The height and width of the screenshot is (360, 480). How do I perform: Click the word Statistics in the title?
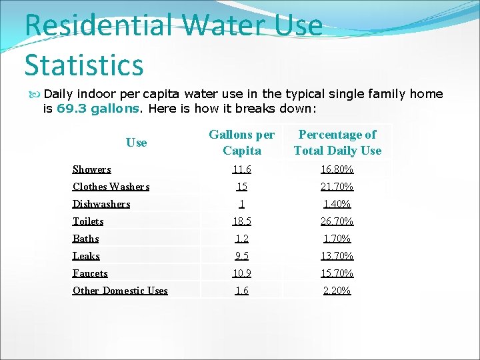(84, 65)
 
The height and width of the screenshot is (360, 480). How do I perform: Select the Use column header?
(136, 142)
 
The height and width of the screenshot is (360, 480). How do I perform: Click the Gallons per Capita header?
(241, 143)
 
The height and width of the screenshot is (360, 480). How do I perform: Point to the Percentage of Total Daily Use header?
(337, 143)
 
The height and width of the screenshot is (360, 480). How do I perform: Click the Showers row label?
(92, 169)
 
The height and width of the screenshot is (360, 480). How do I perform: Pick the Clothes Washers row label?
(111, 187)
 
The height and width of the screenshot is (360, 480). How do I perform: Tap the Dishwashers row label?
(101, 204)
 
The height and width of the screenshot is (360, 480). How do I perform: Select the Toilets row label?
(88, 221)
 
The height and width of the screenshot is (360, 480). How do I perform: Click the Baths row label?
(85, 239)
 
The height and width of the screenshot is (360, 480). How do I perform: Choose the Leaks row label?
(86, 256)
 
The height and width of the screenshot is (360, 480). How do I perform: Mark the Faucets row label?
(90, 273)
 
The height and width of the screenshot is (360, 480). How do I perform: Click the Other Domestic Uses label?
(120, 291)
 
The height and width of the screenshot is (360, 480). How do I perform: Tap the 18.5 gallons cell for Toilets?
(241, 221)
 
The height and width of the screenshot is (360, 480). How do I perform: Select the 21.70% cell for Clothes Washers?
(337, 187)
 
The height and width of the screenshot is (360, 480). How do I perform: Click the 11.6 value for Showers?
(241, 169)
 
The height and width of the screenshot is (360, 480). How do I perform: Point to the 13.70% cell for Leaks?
(337, 256)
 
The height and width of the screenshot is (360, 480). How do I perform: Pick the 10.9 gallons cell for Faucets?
(241, 273)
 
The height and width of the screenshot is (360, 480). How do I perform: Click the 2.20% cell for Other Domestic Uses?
(337, 291)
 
